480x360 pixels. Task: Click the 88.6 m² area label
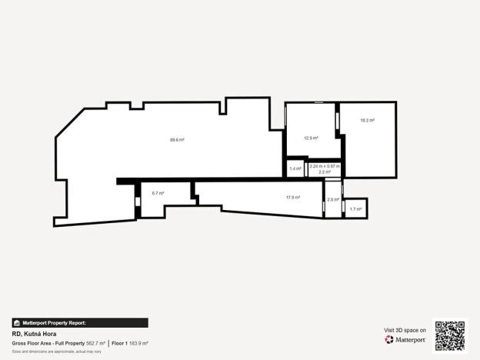tap(177, 140)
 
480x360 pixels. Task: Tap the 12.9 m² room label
tap(311, 138)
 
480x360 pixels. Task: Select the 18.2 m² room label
tap(368, 120)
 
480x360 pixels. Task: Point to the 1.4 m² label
tap(295, 168)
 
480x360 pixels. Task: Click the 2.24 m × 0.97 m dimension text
tap(325, 166)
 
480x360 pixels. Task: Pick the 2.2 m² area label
tap(325, 172)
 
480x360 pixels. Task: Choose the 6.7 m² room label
tap(158, 193)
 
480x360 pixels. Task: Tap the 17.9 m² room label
tap(292, 198)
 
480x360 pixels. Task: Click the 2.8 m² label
tap(332, 200)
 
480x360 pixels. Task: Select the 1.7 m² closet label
tap(355, 208)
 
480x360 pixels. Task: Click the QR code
tap(450, 335)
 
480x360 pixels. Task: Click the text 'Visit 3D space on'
tap(405, 330)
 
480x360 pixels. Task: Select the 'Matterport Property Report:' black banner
tap(80, 323)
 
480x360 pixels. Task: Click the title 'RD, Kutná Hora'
tap(35, 335)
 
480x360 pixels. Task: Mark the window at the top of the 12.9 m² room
tap(318, 102)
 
